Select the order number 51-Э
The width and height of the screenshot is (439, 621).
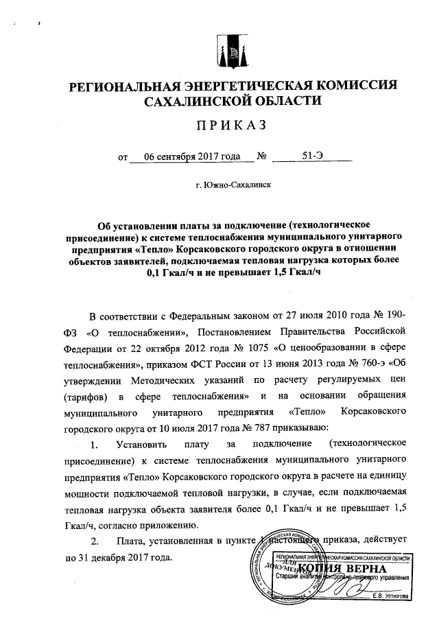pyautogui.click(x=312, y=155)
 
